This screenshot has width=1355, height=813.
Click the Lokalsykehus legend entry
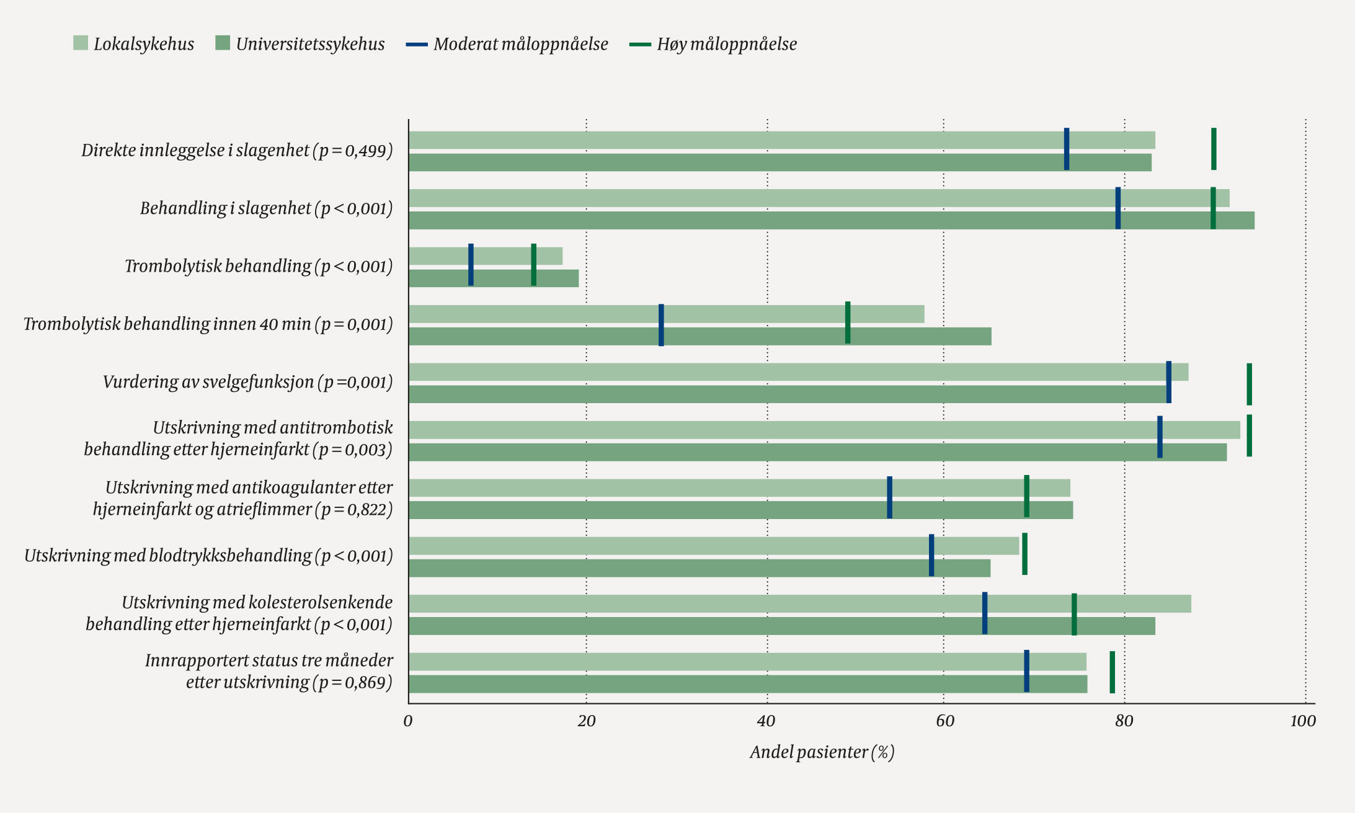(133, 43)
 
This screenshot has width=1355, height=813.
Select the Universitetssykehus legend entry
(300, 43)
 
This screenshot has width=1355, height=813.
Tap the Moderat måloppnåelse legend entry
(507, 43)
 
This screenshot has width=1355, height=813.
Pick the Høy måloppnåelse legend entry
(713, 43)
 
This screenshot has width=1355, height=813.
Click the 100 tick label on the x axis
(1303, 721)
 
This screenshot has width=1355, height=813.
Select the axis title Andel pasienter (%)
(822, 752)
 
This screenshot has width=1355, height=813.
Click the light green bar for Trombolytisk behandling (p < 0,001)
(486, 256)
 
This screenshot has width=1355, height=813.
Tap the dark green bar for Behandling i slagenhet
(832, 220)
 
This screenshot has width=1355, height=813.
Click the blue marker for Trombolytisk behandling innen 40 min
(661, 325)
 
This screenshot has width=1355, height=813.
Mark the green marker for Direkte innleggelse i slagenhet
(1214, 149)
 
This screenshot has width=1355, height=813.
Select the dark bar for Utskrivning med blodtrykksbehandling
(700, 568)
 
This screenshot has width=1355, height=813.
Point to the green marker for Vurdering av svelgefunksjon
(1250, 384)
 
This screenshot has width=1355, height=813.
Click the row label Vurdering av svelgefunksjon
(248, 382)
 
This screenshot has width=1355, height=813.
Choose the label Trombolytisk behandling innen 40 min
(208, 324)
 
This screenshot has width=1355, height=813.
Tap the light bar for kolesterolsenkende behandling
(800, 603)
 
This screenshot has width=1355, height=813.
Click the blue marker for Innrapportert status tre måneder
(1027, 670)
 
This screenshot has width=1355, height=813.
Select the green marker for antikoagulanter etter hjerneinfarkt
(1027, 496)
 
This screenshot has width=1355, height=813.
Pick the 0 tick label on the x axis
(407, 721)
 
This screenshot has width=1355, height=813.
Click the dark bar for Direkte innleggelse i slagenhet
(780, 162)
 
